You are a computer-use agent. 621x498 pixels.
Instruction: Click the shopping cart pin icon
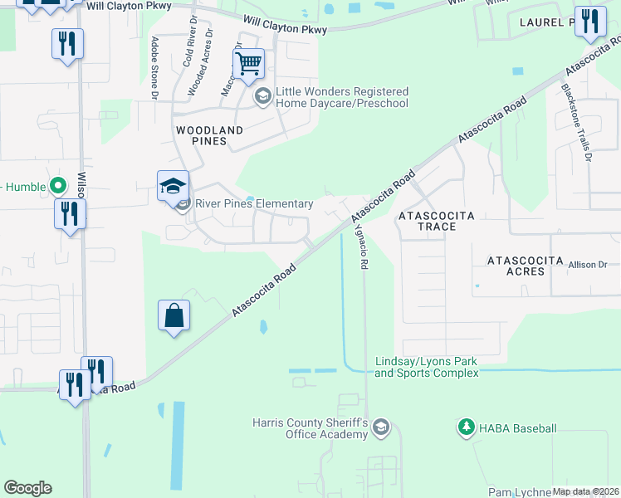[249, 63]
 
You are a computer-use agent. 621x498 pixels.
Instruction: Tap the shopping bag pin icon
[174, 315]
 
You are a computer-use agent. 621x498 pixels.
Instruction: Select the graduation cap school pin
[174, 186]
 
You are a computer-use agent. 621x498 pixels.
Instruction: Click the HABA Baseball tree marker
[466, 427]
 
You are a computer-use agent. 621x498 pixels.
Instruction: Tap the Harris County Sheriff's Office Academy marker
[381, 428]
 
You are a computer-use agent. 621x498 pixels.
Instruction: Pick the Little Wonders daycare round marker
[263, 97]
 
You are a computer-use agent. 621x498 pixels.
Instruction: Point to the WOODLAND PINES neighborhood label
[209, 135]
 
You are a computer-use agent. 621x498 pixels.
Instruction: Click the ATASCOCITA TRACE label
[436, 221]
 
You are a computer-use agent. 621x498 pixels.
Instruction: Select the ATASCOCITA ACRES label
[526, 266]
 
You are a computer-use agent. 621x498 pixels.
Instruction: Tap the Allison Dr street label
[588, 264]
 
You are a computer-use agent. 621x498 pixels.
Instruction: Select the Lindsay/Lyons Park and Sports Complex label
[427, 368]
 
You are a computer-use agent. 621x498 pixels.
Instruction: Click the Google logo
[27, 488]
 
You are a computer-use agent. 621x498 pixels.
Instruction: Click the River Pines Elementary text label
[254, 204]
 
